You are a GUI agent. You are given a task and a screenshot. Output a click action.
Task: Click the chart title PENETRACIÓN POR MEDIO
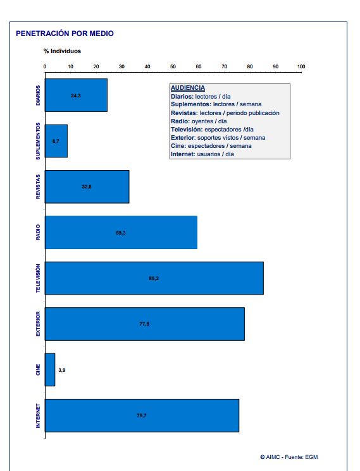(x=65, y=34)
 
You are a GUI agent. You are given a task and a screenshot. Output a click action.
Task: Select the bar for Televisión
(x=154, y=278)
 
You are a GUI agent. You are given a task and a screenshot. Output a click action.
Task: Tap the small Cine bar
(x=50, y=369)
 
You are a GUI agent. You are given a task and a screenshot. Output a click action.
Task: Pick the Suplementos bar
(x=56, y=141)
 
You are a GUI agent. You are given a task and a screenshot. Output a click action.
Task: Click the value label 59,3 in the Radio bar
(x=121, y=233)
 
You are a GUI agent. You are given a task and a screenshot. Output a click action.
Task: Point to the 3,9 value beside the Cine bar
(x=62, y=370)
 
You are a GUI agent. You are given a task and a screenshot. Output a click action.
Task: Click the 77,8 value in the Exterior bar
(x=144, y=324)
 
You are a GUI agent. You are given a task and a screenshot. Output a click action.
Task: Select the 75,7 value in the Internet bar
(x=142, y=415)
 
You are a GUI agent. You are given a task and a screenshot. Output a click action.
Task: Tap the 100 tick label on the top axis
(x=301, y=66)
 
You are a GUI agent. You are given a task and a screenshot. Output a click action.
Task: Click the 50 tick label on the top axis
(x=173, y=66)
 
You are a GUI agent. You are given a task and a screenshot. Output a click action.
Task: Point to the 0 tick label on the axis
(x=45, y=66)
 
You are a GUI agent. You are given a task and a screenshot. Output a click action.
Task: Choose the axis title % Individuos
(x=62, y=51)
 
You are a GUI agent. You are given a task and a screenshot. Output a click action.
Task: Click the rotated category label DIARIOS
(x=38, y=95)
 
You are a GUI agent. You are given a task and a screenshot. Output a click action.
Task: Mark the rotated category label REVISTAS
(x=38, y=187)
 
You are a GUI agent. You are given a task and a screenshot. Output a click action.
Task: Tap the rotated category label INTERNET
(x=38, y=416)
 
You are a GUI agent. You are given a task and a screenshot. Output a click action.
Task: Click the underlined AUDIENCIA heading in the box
(x=188, y=88)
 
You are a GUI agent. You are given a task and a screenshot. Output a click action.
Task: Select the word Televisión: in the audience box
(x=187, y=130)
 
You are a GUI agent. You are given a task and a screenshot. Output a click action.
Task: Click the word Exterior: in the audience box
(x=183, y=138)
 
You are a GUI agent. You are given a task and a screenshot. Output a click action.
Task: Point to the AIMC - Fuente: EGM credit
(x=289, y=457)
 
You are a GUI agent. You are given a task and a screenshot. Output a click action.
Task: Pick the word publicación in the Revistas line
(x=264, y=113)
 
